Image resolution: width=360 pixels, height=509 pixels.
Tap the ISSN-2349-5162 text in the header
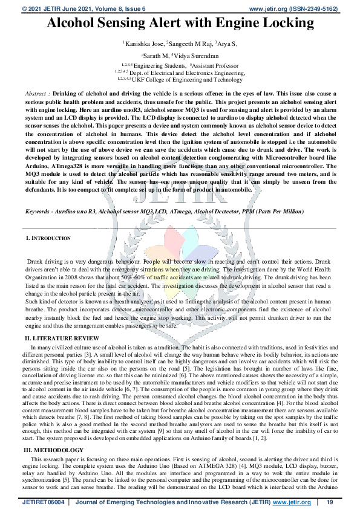pos(314,9)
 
